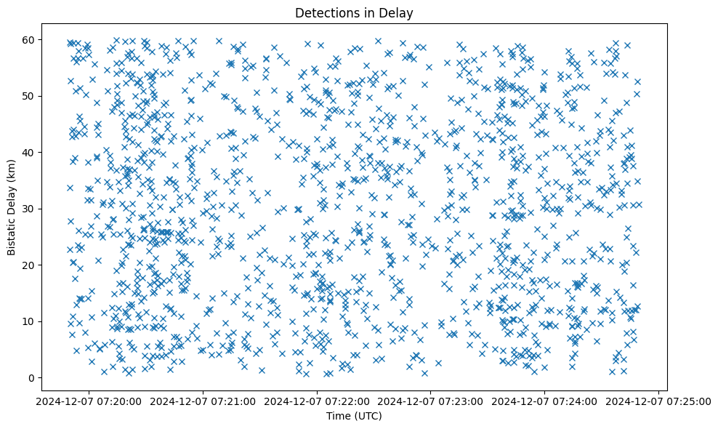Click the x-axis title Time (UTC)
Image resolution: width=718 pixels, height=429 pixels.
(354, 416)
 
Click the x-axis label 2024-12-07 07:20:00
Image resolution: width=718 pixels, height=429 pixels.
(89, 401)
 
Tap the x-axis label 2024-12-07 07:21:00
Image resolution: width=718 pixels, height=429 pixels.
(203, 401)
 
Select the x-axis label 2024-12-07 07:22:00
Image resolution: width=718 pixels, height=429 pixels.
(318, 401)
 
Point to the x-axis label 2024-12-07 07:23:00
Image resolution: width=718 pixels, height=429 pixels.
(431, 401)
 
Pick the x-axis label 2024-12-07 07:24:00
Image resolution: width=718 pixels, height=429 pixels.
(545, 401)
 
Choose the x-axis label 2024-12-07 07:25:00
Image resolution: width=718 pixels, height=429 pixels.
(658, 401)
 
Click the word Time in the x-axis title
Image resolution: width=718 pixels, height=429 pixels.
(339, 416)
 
